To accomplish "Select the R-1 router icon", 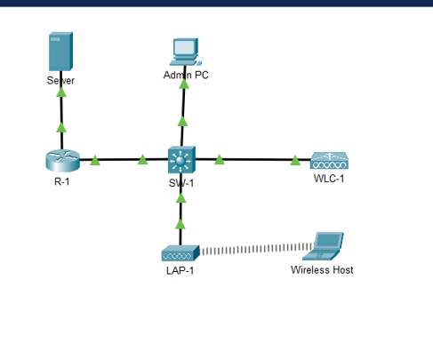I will pyautogui.click(x=62, y=160).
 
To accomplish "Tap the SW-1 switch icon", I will pyautogui.click(x=181, y=161).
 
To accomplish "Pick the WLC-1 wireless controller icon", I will pyautogui.click(x=329, y=162).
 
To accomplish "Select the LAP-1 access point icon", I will pyautogui.click(x=180, y=252).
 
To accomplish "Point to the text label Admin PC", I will pyautogui.click(x=187, y=76).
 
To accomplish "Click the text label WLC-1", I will pyautogui.click(x=329, y=179).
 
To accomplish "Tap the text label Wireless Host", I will pyautogui.click(x=322, y=270).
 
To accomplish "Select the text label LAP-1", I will pyautogui.click(x=180, y=271).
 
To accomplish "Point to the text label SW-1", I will pyautogui.click(x=181, y=184).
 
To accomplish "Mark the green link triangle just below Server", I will pyautogui.click(x=61, y=127).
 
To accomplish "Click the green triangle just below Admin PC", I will pyautogui.click(x=183, y=120).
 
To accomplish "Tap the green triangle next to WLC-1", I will pyautogui.click(x=295, y=160).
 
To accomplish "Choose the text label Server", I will pyautogui.click(x=60, y=80).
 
